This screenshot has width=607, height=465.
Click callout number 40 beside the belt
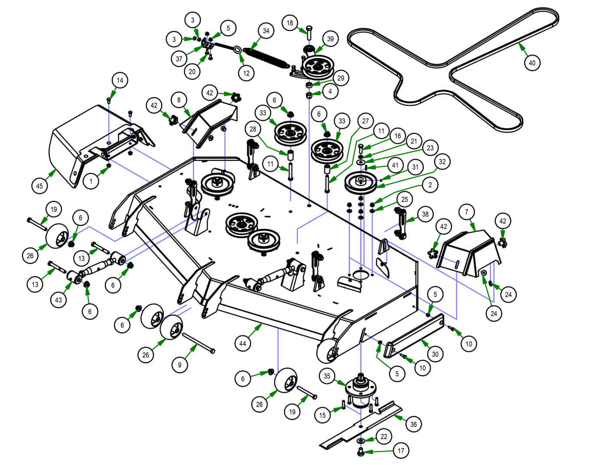[x=532, y=63]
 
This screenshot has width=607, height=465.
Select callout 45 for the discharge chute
[x=39, y=186]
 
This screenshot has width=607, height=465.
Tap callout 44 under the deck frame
[x=243, y=344]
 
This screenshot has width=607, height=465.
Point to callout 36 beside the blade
[x=413, y=424]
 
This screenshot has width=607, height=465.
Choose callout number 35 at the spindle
[x=327, y=376]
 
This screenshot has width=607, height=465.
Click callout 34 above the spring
[x=266, y=31]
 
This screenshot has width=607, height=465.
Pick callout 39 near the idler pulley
[x=330, y=39]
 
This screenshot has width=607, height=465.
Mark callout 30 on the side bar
[x=435, y=354]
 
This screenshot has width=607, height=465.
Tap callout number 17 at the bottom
[x=401, y=451]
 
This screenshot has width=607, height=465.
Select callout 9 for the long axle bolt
[x=180, y=365]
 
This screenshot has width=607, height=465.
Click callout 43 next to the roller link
[x=59, y=300]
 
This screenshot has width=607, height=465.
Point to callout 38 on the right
[x=425, y=214]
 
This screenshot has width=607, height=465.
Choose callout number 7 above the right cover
[x=467, y=212]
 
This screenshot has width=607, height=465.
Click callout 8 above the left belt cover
[x=179, y=99]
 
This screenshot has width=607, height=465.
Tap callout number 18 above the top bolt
[x=290, y=23]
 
